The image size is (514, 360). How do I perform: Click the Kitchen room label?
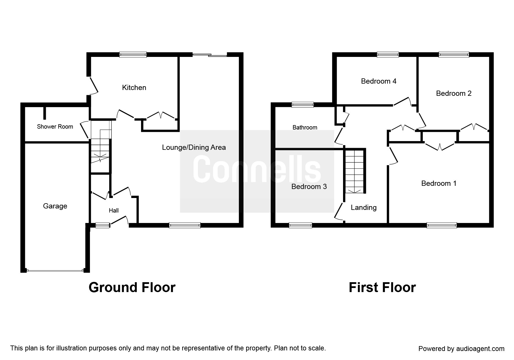coord(134,88)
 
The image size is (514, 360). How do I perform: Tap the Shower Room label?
coord(55,127)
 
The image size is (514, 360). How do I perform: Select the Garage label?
coord(55,206)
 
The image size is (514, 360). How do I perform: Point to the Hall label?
coord(114,210)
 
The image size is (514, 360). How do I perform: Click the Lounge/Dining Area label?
coord(194,147)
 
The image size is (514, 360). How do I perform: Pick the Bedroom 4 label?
coord(379,81)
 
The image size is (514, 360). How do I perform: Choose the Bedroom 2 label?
coord(454,93)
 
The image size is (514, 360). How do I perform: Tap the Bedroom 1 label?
coord(439,183)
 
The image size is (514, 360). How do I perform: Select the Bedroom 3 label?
coord(309,186)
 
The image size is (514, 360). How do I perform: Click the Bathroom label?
coord(305,127)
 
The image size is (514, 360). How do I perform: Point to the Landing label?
coord(364,208)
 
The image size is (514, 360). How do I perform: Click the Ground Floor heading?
coord(132,287)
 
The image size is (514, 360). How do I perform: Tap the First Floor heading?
coord(382,287)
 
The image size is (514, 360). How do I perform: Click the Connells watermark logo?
coord(257,171)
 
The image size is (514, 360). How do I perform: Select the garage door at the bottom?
coord(55,271)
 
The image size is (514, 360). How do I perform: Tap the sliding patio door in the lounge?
coord(210,55)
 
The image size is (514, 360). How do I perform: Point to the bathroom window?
coord(303,105)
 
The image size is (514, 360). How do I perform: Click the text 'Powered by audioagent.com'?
coord(461,349)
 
